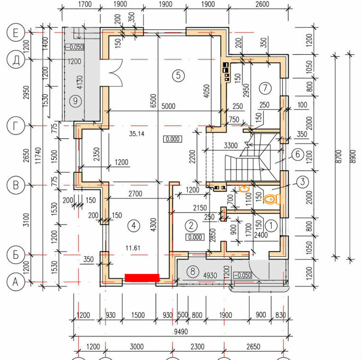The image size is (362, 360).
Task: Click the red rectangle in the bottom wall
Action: coord(142,278)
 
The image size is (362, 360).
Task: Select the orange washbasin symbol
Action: coord(244,189)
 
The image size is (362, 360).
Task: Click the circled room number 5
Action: coord(178,75)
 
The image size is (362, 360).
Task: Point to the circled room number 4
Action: coord(134,225)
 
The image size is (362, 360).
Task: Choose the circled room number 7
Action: coord(265,88)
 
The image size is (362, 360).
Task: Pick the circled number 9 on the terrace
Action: coord(75,101)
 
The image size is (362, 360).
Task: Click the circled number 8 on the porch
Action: coord(193,271)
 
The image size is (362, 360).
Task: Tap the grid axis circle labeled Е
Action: coord(16,33)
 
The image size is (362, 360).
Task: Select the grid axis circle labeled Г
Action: coord(16,126)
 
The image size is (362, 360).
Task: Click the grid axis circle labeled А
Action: coord(16,282)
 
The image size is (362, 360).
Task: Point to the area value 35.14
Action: coord(137,133)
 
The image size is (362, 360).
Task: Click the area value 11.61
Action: coord(133,248)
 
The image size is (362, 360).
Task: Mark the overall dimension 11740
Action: coord(38,156)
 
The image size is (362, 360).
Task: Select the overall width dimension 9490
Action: coord(181,332)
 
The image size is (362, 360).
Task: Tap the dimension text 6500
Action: coord(153,101)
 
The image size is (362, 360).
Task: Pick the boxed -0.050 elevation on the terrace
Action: coord(75,47)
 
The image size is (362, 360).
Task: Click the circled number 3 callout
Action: coord(303,181)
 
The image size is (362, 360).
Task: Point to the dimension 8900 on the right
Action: coord(353,156)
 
